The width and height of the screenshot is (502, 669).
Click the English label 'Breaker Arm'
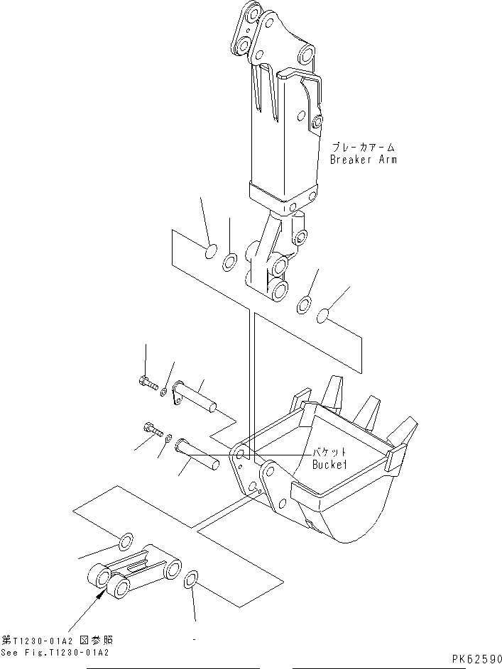pyautogui.click(x=363, y=160)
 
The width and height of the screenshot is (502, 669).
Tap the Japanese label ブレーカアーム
pyautogui.click(x=363, y=148)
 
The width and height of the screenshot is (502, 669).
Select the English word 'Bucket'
pyautogui.click(x=328, y=465)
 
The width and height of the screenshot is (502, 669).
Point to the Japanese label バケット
pyautogui.click(x=328, y=453)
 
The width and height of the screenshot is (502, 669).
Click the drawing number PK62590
pyautogui.click(x=476, y=659)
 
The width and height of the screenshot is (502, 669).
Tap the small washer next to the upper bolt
pyautogui.click(x=165, y=391)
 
